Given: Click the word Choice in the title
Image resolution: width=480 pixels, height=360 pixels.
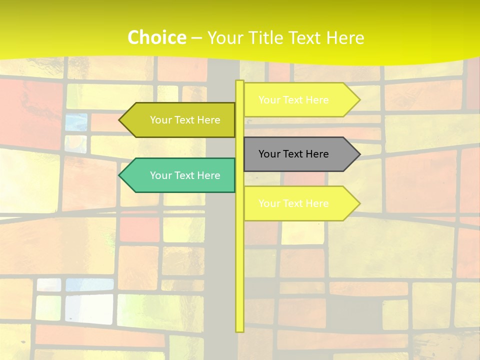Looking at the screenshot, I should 156,37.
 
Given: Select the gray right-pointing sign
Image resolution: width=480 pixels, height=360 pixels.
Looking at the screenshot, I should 300,154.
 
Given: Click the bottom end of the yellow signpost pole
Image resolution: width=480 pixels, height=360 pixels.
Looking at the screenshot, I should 239,330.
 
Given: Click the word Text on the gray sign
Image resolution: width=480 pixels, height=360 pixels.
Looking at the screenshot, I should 293,154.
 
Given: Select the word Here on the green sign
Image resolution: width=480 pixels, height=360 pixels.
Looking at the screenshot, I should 208,175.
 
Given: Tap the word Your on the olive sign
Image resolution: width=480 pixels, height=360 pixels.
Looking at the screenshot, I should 160,120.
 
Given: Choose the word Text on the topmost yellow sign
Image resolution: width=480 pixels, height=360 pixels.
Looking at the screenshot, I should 293,100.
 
